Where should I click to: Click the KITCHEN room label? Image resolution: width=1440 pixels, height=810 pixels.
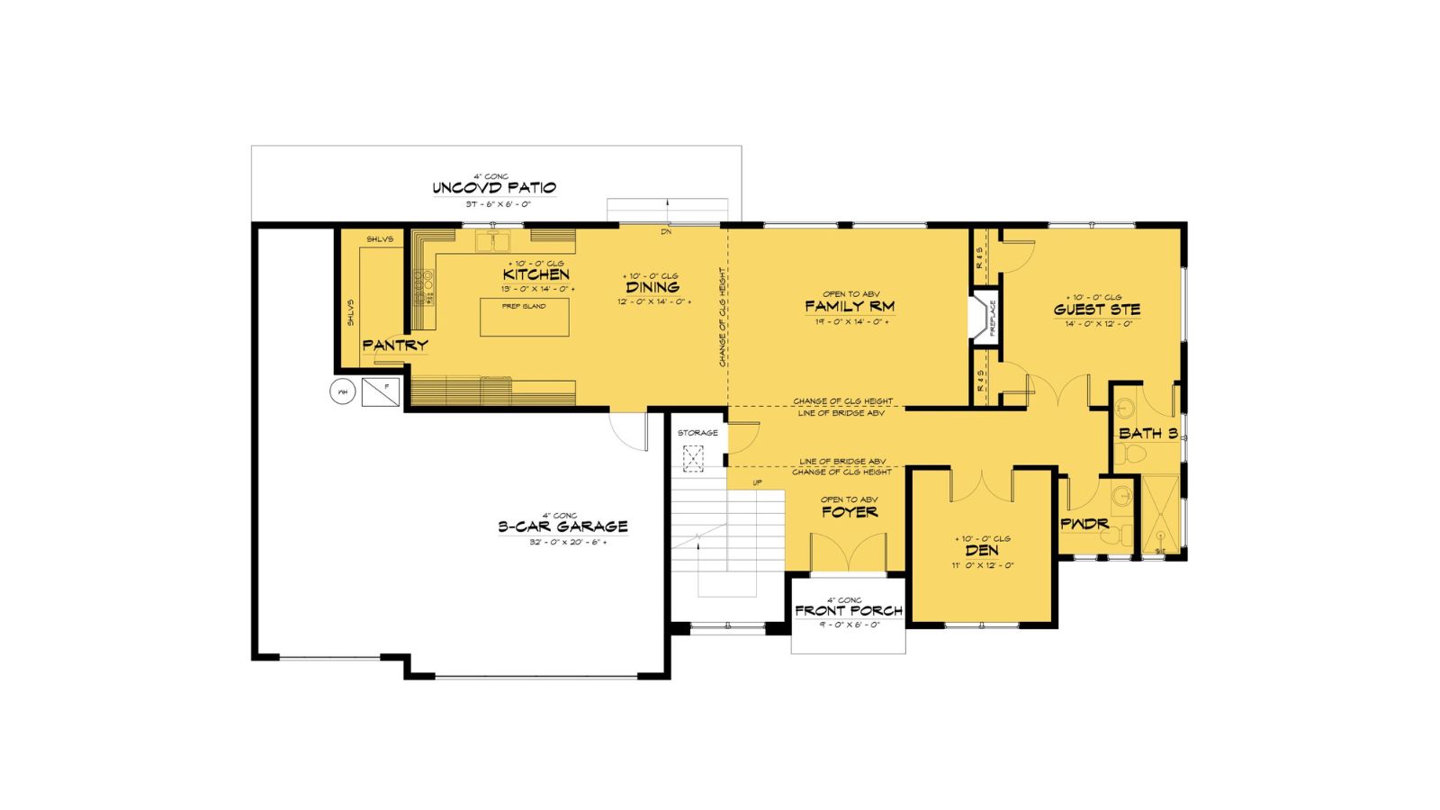click(535, 274)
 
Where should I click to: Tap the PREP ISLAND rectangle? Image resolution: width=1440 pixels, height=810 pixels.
click(524, 318)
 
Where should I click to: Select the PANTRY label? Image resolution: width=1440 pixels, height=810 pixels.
click(395, 345)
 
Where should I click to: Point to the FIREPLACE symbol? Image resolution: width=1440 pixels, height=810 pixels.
click(981, 318)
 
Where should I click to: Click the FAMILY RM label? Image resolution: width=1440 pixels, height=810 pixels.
click(850, 307)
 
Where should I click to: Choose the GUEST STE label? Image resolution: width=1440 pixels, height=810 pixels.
click(1096, 310)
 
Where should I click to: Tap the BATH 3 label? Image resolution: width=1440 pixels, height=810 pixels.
click(1147, 433)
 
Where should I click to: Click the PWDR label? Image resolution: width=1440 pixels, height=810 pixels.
click(1084, 524)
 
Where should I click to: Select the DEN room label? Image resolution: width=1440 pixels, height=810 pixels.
click(982, 551)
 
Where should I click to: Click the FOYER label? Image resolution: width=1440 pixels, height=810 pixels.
click(850, 512)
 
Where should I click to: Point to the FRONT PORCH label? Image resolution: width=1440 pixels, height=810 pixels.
click(849, 611)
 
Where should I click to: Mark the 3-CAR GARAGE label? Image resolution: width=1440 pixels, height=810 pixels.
click(562, 526)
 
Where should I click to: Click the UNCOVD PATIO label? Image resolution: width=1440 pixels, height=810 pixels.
click(494, 188)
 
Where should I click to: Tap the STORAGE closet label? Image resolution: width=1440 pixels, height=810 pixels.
click(697, 433)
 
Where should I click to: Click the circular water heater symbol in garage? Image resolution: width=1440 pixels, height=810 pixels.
click(342, 391)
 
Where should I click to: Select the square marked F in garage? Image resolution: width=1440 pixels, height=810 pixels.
click(381, 391)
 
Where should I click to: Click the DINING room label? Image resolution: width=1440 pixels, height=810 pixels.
click(652, 287)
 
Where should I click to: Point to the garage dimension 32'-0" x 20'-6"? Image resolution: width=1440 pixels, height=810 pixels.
click(568, 542)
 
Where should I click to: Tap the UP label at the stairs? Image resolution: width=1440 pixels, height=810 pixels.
click(758, 483)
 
